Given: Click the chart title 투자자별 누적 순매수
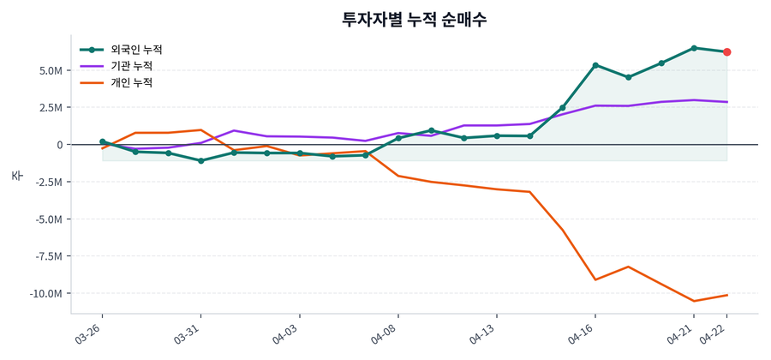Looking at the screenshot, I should pos(414,20).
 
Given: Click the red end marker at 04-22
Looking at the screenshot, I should pos(727,52).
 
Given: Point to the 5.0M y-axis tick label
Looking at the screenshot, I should pos(49,70).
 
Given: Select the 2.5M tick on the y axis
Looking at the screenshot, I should pos(49,108).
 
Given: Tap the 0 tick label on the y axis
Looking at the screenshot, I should pos(59,145).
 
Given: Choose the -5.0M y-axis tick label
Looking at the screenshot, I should pos(46,219).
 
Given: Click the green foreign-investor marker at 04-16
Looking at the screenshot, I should pos(595,65).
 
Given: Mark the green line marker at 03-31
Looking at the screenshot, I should pos(200,160).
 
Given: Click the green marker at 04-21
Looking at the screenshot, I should pos(694,48).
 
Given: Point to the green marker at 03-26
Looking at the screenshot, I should pos(103,141).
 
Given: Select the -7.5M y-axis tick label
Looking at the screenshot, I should pos(46,256).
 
